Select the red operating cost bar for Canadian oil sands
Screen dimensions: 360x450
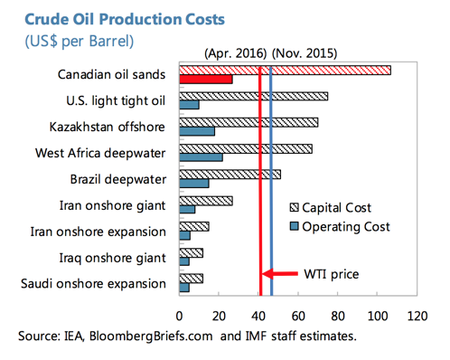[206, 79]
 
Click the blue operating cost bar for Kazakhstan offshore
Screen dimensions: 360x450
[197, 131]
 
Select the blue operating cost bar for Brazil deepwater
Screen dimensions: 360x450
[194, 184]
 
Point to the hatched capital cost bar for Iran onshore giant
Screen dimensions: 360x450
[206, 201]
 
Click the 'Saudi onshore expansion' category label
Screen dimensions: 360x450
[93, 284]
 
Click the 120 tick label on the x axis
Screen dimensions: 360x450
[417, 317]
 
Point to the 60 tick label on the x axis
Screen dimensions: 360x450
[298, 317]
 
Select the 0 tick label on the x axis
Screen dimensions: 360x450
[180, 317]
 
